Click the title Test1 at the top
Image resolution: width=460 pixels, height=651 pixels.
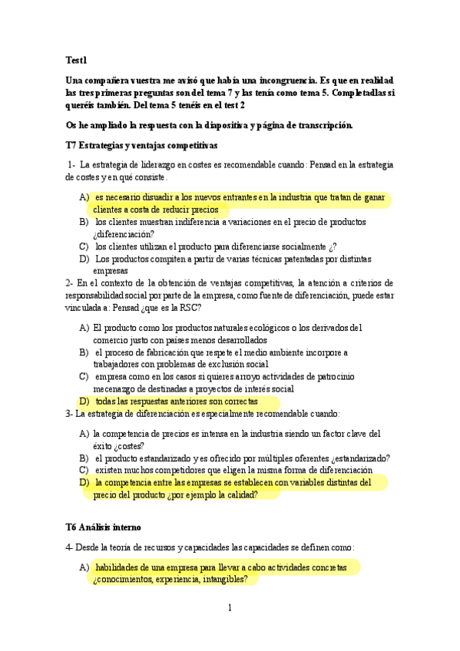(77, 60)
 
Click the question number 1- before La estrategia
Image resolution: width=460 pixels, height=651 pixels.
(71, 164)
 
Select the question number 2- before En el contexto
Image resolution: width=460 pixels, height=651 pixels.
(70, 282)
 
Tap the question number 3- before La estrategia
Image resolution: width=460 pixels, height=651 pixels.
(70, 414)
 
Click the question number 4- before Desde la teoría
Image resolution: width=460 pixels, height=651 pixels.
(70, 547)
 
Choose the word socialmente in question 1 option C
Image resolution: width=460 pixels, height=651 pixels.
(298, 246)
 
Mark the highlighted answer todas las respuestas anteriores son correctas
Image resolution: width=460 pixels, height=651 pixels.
(177, 402)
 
